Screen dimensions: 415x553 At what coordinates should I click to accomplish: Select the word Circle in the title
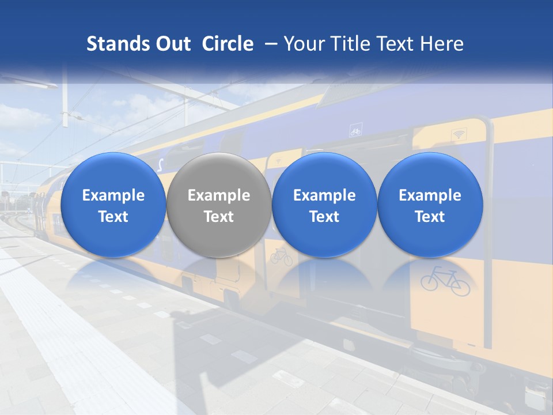pyautogui.click(x=228, y=44)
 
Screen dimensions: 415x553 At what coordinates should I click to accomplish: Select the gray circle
pyautogui.click(x=218, y=205)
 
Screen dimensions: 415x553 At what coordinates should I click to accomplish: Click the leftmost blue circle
pyautogui.click(x=113, y=205)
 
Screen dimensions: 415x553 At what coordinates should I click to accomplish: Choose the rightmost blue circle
pyautogui.click(x=430, y=205)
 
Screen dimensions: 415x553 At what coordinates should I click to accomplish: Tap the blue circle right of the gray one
pyautogui.click(x=324, y=205)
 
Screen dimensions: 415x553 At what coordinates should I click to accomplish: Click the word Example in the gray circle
pyautogui.click(x=219, y=195)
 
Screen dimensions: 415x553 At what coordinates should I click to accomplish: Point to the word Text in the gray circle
pyautogui.click(x=219, y=217)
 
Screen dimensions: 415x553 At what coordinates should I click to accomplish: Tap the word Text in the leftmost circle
pyautogui.click(x=113, y=217)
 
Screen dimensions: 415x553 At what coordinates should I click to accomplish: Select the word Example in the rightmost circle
pyautogui.click(x=430, y=195)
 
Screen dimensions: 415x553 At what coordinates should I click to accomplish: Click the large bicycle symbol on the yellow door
pyautogui.click(x=445, y=281)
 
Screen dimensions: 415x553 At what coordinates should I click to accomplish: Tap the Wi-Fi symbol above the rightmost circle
pyautogui.click(x=459, y=134)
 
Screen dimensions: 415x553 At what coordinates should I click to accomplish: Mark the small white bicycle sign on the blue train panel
pyautogui.click(x=355, y=131)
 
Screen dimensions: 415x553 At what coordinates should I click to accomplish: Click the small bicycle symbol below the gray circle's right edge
pyautogui.click(x=281, y=256)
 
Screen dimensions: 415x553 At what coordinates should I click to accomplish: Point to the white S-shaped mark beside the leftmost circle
pyautogui.click(x=160, y=166)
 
